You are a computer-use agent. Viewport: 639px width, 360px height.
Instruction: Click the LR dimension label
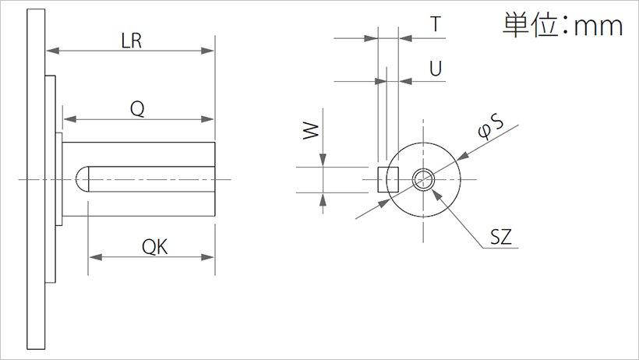(x=132, y=41)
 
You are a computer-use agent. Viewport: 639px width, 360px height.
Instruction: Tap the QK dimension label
(x=153, y=247)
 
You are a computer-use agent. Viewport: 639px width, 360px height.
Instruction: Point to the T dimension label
(x=437, y=25)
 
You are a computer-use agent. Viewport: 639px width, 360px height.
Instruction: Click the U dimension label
(x=436, y=69)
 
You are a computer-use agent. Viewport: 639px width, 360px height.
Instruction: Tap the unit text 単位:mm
(x=562, y=26)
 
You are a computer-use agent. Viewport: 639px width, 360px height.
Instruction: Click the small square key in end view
(x=387, y=180)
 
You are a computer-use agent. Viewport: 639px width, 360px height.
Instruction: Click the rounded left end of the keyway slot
(x=81, y=180)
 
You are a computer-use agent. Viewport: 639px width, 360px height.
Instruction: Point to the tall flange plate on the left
(x=35, y=179)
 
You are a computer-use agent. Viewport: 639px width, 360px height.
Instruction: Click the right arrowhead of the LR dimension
(x=208, y=51)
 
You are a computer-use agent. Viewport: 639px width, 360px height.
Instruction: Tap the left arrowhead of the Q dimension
(x=69, y=119)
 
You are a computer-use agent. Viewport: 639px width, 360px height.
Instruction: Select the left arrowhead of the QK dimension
(x=94, y=256)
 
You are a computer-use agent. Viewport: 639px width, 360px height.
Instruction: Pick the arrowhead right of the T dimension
(x=403, y=37)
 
